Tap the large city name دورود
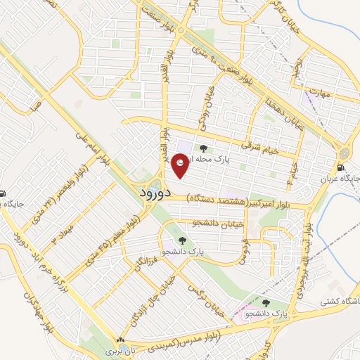151,193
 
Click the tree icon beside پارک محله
204,148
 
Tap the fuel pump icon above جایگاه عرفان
341,167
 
